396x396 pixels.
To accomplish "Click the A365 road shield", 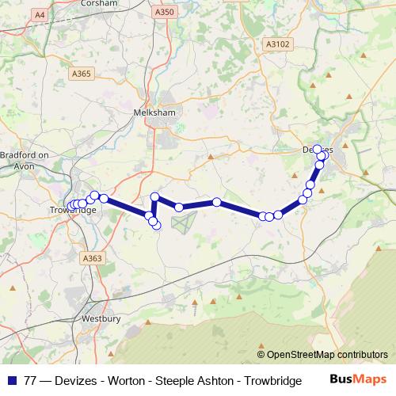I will coord(82,74).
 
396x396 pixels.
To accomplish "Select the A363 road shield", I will coord(93,257).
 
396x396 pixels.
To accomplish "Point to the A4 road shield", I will coord(39,13).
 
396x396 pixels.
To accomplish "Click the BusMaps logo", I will coord(359,380).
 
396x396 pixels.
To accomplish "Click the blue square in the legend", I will coord(11,381).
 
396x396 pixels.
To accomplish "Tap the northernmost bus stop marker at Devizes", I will coord(318,149).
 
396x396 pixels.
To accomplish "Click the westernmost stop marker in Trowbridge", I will coord(70,206).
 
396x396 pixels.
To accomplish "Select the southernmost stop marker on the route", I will coord(156,226).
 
